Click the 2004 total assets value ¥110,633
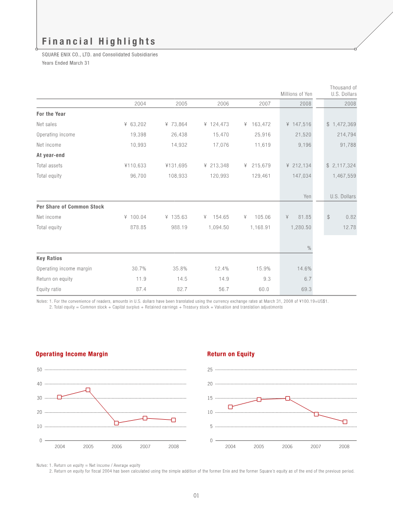click(x=135, y=165)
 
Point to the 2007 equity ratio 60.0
click(x=263, y=289)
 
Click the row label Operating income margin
click(x=64, y=269)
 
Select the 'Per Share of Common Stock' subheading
click(x=70, y=207)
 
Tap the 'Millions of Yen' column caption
click(x=296, y=94)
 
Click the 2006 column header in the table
click(x=223, y=104)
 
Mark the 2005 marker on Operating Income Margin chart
click(x=88, y=390)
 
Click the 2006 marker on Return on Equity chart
click(x=287, y=398)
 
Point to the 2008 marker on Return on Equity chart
click(x=345, y=422)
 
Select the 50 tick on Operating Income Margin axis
click(x=39, y=369)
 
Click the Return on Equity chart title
click(x=230, y=354)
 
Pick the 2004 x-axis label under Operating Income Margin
click(x=60, y=447)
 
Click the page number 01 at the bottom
click(x=196, y=496)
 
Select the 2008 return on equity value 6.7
click(x=307, y=279)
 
